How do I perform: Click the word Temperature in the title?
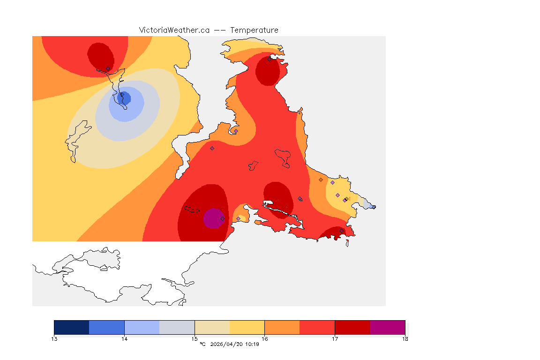coord(254,30)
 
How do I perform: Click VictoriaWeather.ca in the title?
coord(174,30)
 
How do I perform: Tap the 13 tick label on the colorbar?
coord(54,338)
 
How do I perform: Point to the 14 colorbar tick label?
coord(124,338)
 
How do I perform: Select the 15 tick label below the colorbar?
coord(195,338)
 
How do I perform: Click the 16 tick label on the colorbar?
coord(265,338)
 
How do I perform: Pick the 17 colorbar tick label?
coord(335,338)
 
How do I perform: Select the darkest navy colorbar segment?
coord(72,327)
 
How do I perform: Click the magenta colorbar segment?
coord(388,327)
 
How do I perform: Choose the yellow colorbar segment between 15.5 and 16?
coord(247,327)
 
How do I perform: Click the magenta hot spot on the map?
coord(213,218)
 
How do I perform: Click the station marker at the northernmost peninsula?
coord(270,59)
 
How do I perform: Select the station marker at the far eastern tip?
coord(374,207)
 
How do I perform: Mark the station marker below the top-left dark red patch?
coord(108,69)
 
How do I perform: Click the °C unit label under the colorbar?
coord(202,345)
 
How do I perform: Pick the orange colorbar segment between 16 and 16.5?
coord(282,327)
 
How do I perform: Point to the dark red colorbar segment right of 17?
coord(352,327)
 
